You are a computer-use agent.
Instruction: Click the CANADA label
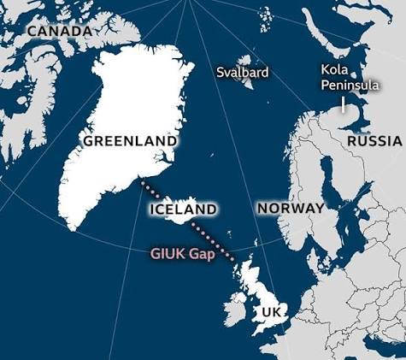click(x=59, y=31)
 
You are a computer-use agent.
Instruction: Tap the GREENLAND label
click(x=130, y=140)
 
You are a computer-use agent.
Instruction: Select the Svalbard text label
click(x=243, y=73)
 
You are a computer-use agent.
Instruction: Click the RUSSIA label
click(x=374, y=140)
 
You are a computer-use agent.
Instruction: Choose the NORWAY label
click(x=291, y=208)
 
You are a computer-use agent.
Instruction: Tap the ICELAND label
click(x=182, y=209)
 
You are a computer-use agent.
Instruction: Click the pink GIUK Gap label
click(x=183, y=253)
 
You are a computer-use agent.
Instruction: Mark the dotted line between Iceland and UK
click(x=214, y=239)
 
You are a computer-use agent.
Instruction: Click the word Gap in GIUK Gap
click(x=203, y=253)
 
